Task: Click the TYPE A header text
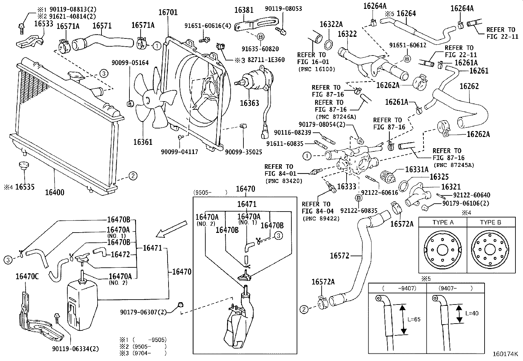point(443,222)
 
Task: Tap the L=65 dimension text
point(413,319)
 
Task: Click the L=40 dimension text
point(472,313)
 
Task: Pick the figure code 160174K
point(505,354)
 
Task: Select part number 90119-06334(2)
point(75,349)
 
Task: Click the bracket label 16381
point(244,10)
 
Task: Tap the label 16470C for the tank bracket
point(27,277)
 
